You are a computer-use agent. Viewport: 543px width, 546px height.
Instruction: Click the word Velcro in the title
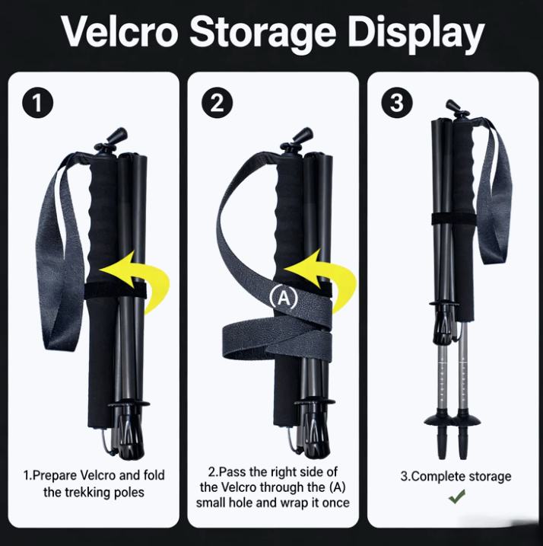click(120, 32)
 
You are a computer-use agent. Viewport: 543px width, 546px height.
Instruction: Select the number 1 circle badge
click(37, 103)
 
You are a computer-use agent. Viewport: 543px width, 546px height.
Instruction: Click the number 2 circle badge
click(217, 103)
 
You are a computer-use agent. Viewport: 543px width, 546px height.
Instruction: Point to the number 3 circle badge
click(397, 103)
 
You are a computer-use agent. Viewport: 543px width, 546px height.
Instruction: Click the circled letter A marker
click(284, 298)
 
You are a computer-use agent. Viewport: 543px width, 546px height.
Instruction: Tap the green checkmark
click(457, 497)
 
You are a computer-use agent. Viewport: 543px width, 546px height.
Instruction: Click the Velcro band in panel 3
click(454, 219)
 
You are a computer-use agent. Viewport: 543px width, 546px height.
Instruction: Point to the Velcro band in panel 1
click(115, 290)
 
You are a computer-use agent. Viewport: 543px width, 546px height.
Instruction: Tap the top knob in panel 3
click(458, 109)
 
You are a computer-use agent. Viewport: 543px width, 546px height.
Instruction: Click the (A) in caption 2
click(337, 487)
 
